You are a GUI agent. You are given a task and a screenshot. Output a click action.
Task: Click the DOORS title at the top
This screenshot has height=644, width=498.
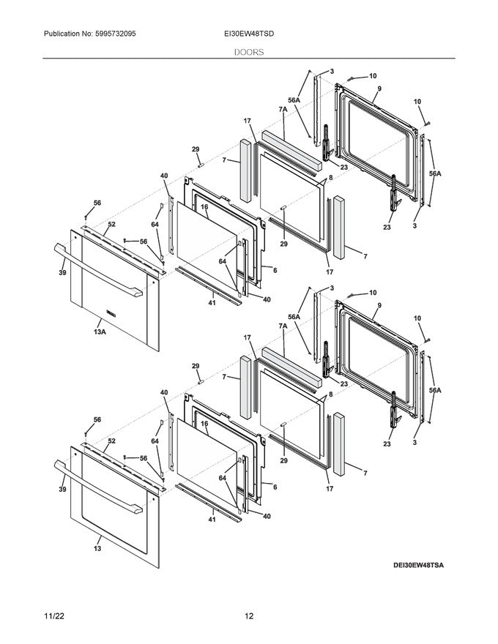point(249,53)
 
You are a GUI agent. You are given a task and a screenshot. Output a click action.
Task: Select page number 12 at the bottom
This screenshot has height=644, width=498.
point(249,617)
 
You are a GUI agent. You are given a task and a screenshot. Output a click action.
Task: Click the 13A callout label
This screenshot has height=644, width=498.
point(100,332)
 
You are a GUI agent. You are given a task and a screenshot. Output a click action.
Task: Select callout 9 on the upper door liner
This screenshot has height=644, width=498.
point(379,89)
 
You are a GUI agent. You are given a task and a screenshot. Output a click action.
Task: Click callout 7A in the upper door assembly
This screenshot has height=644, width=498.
point(283,109)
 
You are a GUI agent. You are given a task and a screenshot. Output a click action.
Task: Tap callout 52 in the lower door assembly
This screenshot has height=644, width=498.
point(111,441)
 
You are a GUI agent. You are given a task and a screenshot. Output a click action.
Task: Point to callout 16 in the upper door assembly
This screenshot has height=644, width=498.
point(204,207)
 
